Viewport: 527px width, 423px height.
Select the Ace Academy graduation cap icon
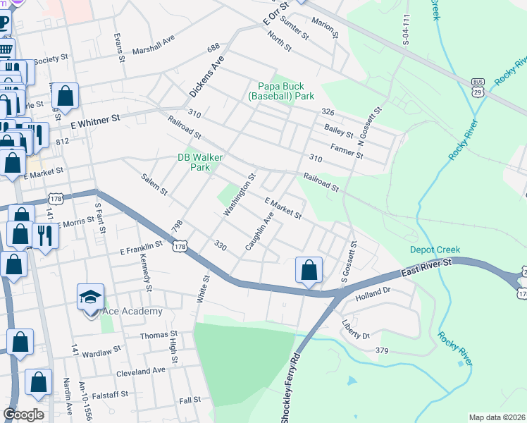[91, 297]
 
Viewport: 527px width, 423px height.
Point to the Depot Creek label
[435, 250]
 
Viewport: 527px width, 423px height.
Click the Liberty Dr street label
[355, 329]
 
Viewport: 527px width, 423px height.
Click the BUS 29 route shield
[478, 87]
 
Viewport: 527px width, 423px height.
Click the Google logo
[23, 415]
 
